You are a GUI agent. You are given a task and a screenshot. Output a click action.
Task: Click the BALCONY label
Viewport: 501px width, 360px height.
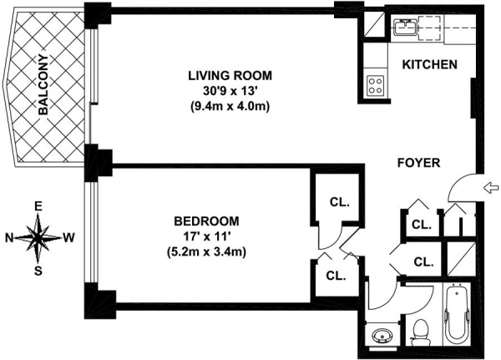click(x=43, y=85)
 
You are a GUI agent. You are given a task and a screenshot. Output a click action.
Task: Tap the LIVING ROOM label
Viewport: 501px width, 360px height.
click(x=230, y=76)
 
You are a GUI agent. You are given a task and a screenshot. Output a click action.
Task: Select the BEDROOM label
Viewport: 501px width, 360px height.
click(x=206, y=221)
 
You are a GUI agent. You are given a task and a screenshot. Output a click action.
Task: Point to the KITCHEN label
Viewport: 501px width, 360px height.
click(x=429, y=64)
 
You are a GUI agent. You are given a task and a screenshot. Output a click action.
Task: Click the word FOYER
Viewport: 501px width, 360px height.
click(x=418, y=163)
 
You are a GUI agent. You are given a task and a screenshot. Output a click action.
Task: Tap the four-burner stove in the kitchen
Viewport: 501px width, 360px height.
click(x=376, y=85)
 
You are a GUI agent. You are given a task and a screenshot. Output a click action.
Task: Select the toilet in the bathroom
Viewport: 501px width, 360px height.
click(x=420, y=332)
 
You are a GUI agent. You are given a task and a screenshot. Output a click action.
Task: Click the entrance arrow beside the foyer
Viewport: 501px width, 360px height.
click(x=492, y=188)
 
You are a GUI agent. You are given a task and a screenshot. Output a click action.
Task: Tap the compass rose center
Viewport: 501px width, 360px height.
click(x=38, y=237)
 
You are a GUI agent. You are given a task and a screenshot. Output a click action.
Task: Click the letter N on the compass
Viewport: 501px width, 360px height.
click(x=9, y=238)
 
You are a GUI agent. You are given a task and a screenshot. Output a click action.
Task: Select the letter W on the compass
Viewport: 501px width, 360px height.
click(x=68, y=237)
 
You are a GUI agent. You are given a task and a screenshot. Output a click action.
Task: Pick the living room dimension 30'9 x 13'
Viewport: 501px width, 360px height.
click(x=230, y=91)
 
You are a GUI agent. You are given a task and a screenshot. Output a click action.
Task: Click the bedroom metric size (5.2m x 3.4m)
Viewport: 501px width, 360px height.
click(x=206, y=252)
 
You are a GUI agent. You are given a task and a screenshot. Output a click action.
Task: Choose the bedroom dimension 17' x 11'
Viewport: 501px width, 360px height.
click(x=206, y=236)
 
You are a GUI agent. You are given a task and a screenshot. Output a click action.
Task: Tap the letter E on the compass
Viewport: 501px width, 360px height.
click(x=38, y=207)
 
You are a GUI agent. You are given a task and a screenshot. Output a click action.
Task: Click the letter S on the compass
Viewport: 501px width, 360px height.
click(x=38, y=271)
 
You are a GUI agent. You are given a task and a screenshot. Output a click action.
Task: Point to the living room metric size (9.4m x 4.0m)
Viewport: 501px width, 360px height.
click(x=230, y=106)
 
